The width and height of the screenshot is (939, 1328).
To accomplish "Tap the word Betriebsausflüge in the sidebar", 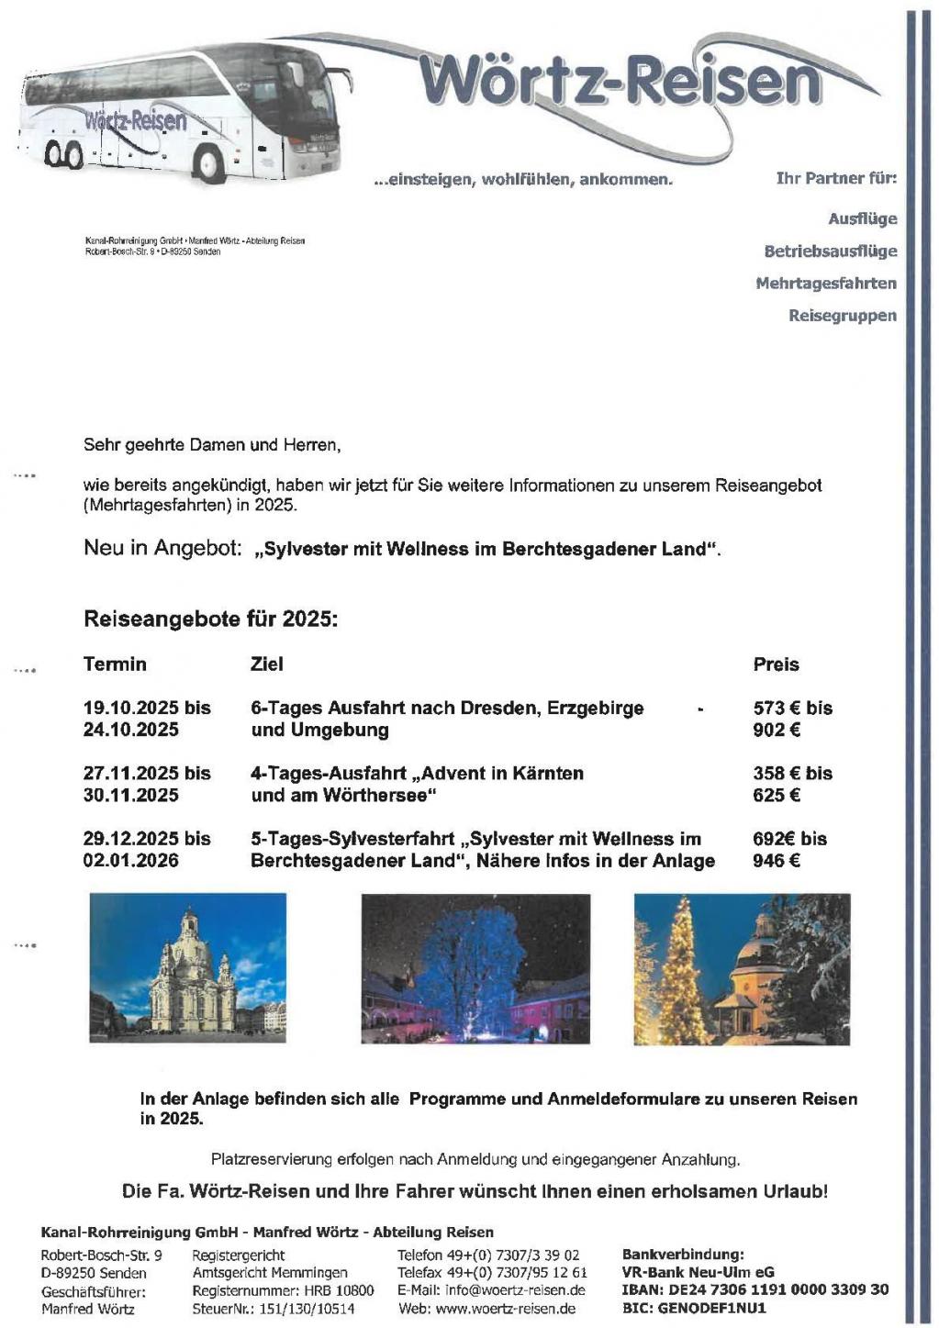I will [830, 251].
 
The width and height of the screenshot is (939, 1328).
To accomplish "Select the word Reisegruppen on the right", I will [842, 316].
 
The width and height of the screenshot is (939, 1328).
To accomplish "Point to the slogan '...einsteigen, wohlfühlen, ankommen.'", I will [523, 180].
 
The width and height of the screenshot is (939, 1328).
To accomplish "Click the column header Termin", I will [115, 664].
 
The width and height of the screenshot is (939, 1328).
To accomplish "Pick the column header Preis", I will [776, 664].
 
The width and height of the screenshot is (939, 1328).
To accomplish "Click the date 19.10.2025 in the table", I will [131, 709].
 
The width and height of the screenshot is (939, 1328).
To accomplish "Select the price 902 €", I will [777, 731].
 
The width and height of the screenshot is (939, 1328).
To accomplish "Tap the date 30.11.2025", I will [131, 796].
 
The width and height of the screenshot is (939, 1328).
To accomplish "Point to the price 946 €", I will [777, 861].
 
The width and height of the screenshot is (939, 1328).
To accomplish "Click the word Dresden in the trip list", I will [506, 709].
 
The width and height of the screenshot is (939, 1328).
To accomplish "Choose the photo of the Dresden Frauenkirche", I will [188, 968].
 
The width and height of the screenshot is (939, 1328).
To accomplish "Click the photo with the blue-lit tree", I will [475, 968].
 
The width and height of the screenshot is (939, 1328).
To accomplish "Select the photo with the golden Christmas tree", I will [742, 968].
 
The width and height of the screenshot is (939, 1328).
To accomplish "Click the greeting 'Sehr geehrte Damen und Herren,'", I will [212, 446].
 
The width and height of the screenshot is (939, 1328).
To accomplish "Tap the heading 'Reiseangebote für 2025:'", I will [211, 619].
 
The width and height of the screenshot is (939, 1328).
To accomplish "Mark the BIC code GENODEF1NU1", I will [711, 1308].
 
